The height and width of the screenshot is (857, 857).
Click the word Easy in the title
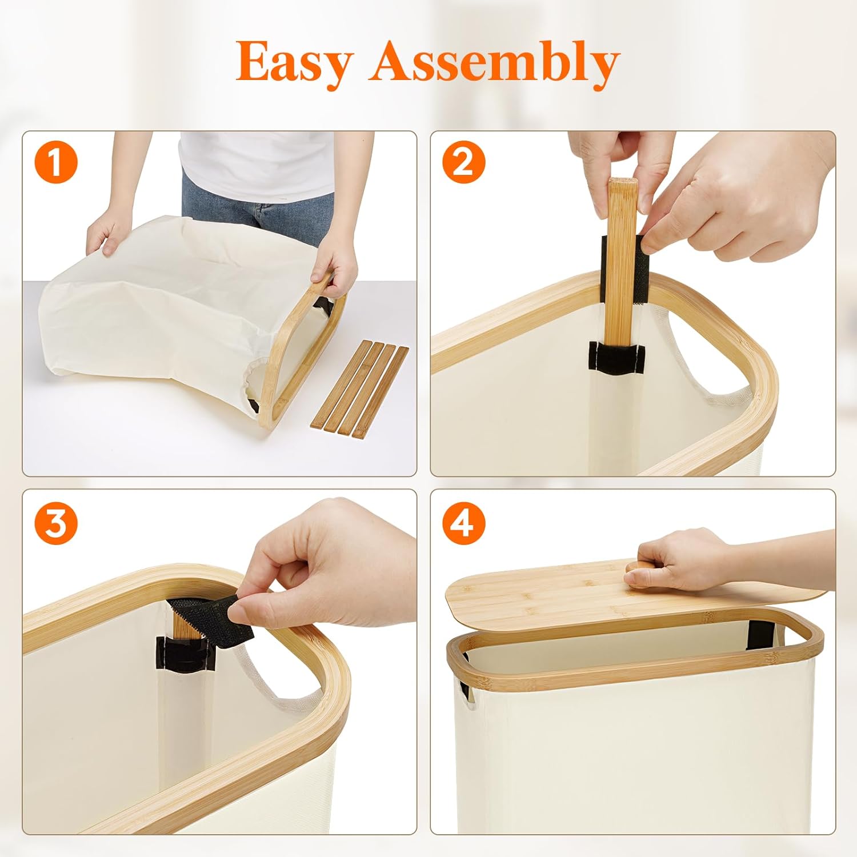coord(295,63)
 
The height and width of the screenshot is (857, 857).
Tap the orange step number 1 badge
coord(56,163)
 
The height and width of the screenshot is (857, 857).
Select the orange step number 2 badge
coord(463,163)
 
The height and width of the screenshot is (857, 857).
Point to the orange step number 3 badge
coord(56,523)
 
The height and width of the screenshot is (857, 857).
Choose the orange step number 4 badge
coord(463,523)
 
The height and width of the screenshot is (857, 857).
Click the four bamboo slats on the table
coord(360,389)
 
